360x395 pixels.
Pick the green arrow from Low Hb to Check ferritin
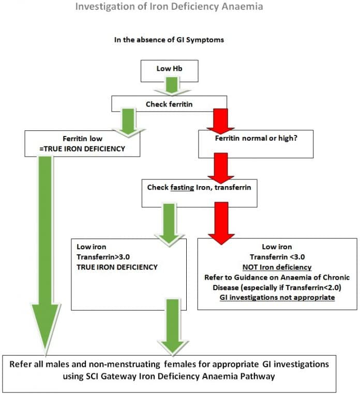point(170,86)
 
